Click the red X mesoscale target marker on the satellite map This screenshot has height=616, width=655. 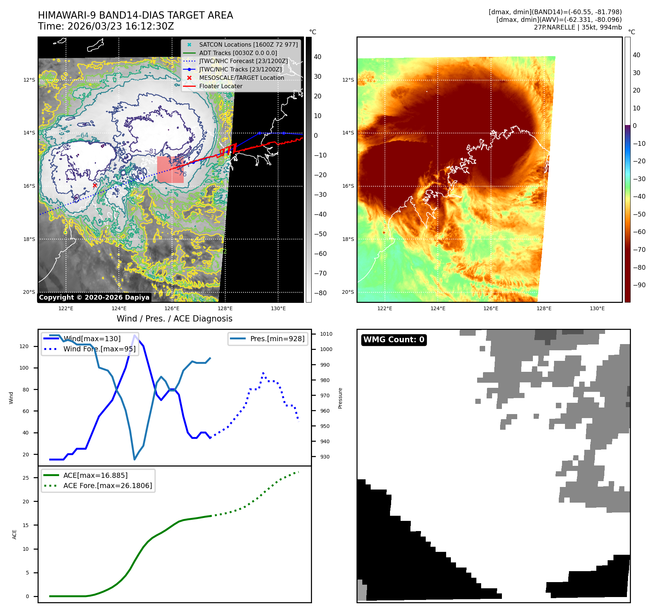point(95,185)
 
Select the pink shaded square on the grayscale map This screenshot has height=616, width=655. point(170,169)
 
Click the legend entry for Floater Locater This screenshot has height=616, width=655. point(221,86)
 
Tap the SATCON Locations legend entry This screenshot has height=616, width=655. point(248,44)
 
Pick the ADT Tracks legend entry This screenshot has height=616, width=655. point(238,53)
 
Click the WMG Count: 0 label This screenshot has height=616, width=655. point(394,340)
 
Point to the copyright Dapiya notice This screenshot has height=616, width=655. point(94,297)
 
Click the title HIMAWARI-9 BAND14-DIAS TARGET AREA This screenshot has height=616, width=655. point(135,15)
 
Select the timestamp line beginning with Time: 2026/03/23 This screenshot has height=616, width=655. point(106,26)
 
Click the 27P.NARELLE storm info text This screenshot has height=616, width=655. point(578,27)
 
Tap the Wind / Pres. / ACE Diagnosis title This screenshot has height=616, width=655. point(174,319)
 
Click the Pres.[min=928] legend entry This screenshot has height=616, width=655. point(277,339)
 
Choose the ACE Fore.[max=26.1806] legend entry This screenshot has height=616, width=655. point(108,486)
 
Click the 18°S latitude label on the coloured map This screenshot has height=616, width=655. point(348,239)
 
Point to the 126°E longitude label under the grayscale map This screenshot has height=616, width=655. point(172,308)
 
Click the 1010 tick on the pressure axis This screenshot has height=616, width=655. point(326,334)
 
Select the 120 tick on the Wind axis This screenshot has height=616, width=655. point(24,346)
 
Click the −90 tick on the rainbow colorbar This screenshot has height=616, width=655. point(639,285)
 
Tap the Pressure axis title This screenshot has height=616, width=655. point(340,398)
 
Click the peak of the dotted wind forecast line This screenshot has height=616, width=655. point(263,373)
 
